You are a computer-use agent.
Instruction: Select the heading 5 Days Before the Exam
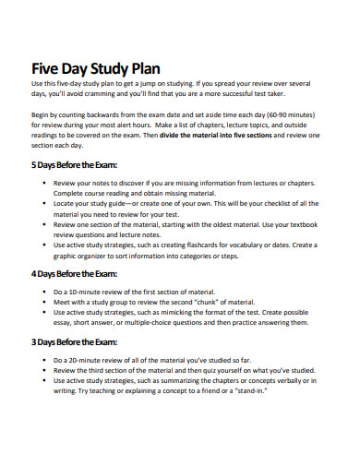pos(76,166)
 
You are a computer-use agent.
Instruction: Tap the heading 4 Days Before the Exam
pos(76,273)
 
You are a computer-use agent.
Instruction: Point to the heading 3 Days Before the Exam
pos(76,341)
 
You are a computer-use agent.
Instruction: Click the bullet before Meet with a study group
pos(45,302)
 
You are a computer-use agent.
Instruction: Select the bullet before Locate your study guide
pos(45,202)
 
